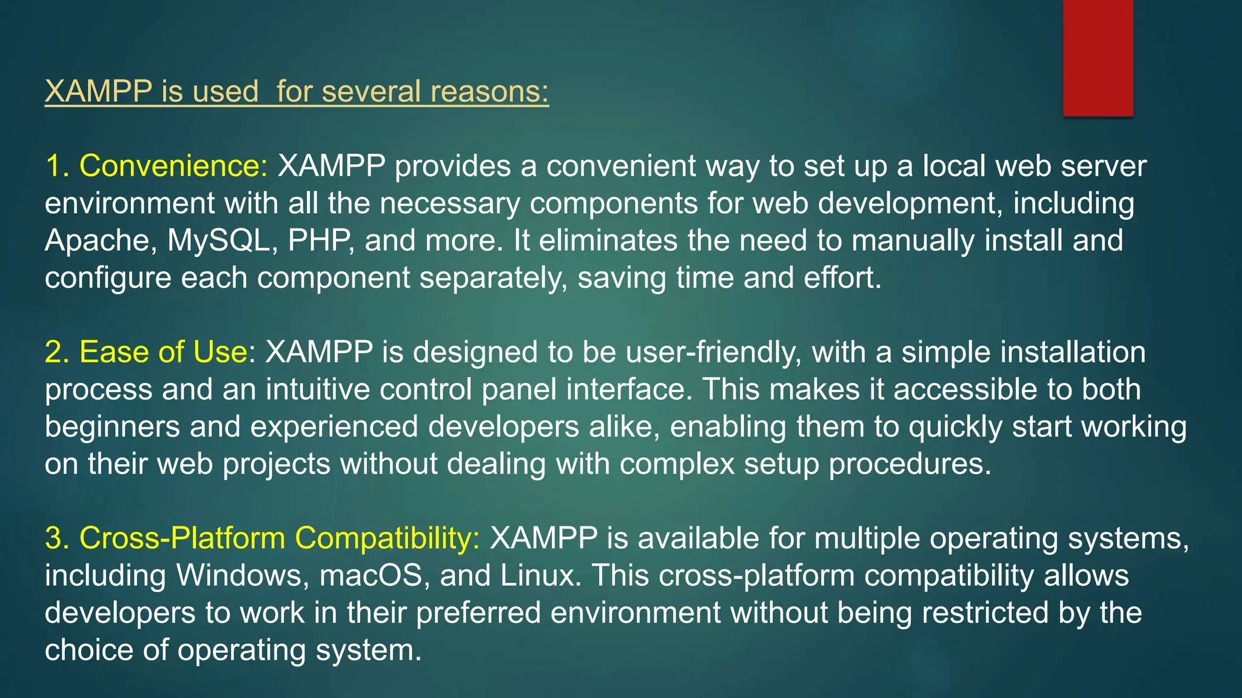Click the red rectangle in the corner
(1098, 58)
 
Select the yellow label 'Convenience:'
(173, 166)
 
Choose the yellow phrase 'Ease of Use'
(163, 352)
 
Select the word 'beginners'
(112, 427)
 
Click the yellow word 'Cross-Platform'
(182, 538)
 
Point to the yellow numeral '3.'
(57, 538)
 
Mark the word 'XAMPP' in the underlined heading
(98, 91)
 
